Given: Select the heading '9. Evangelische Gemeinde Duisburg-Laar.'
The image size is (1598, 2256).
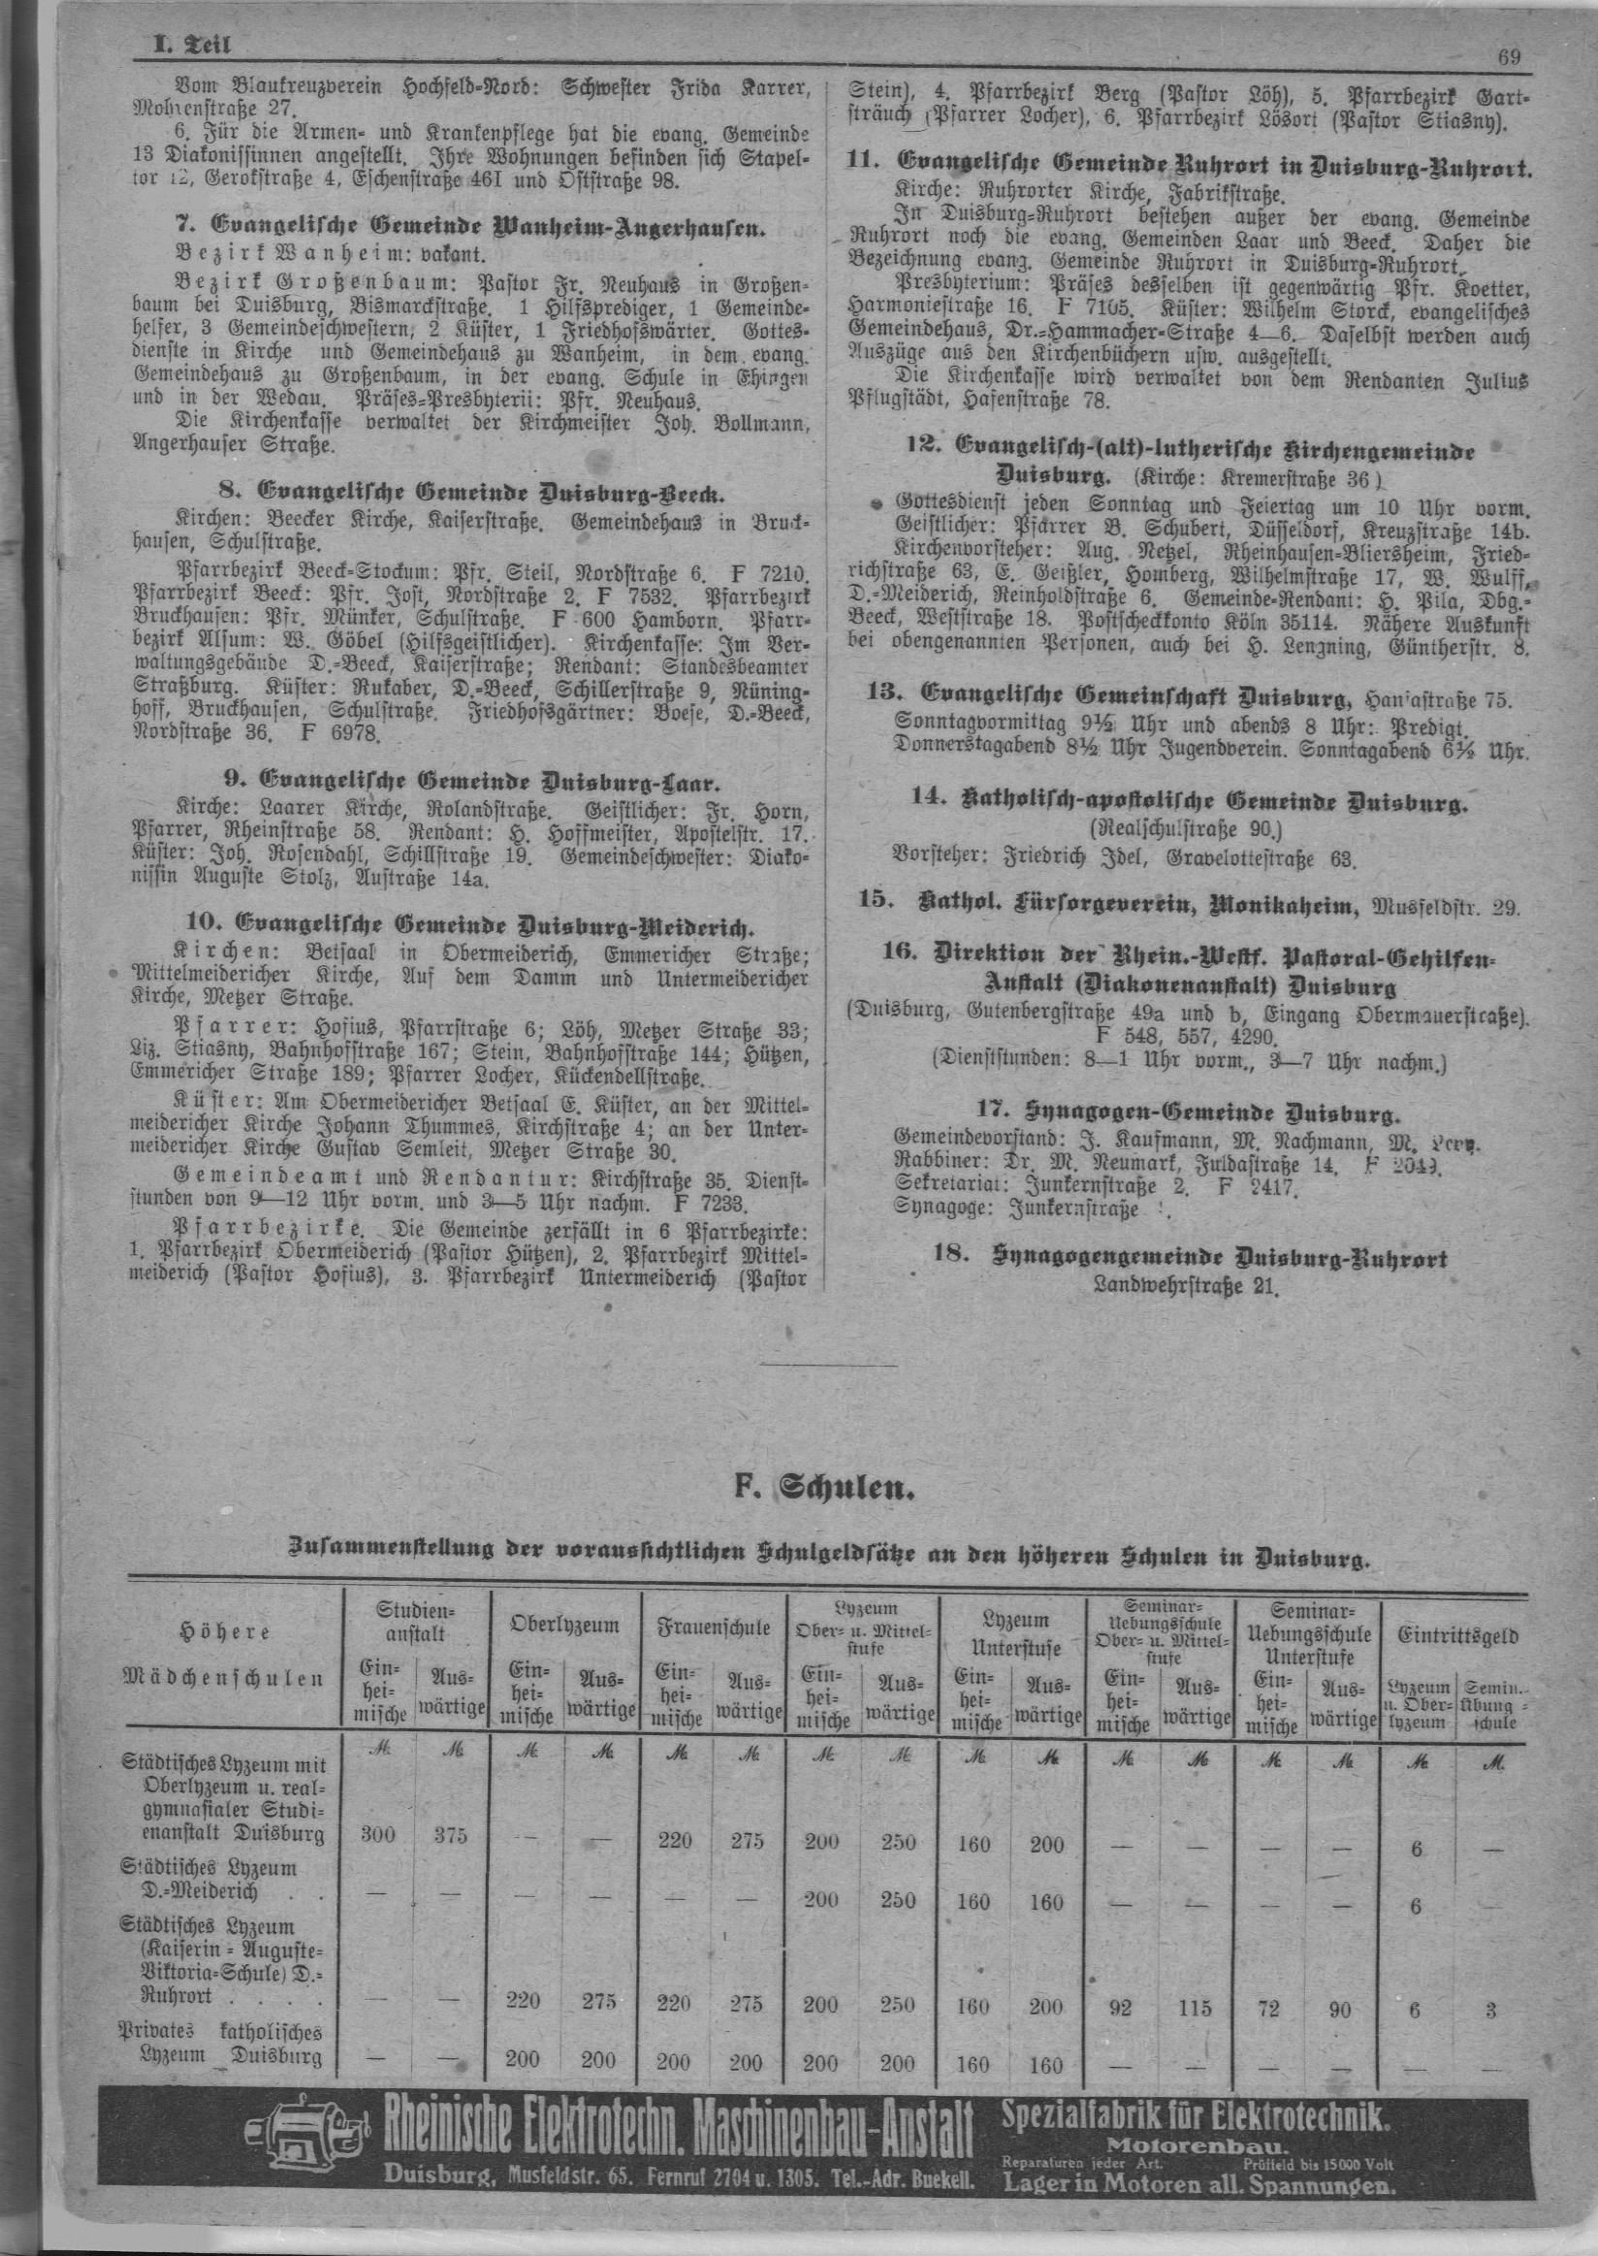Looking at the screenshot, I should tap(471, 783).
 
